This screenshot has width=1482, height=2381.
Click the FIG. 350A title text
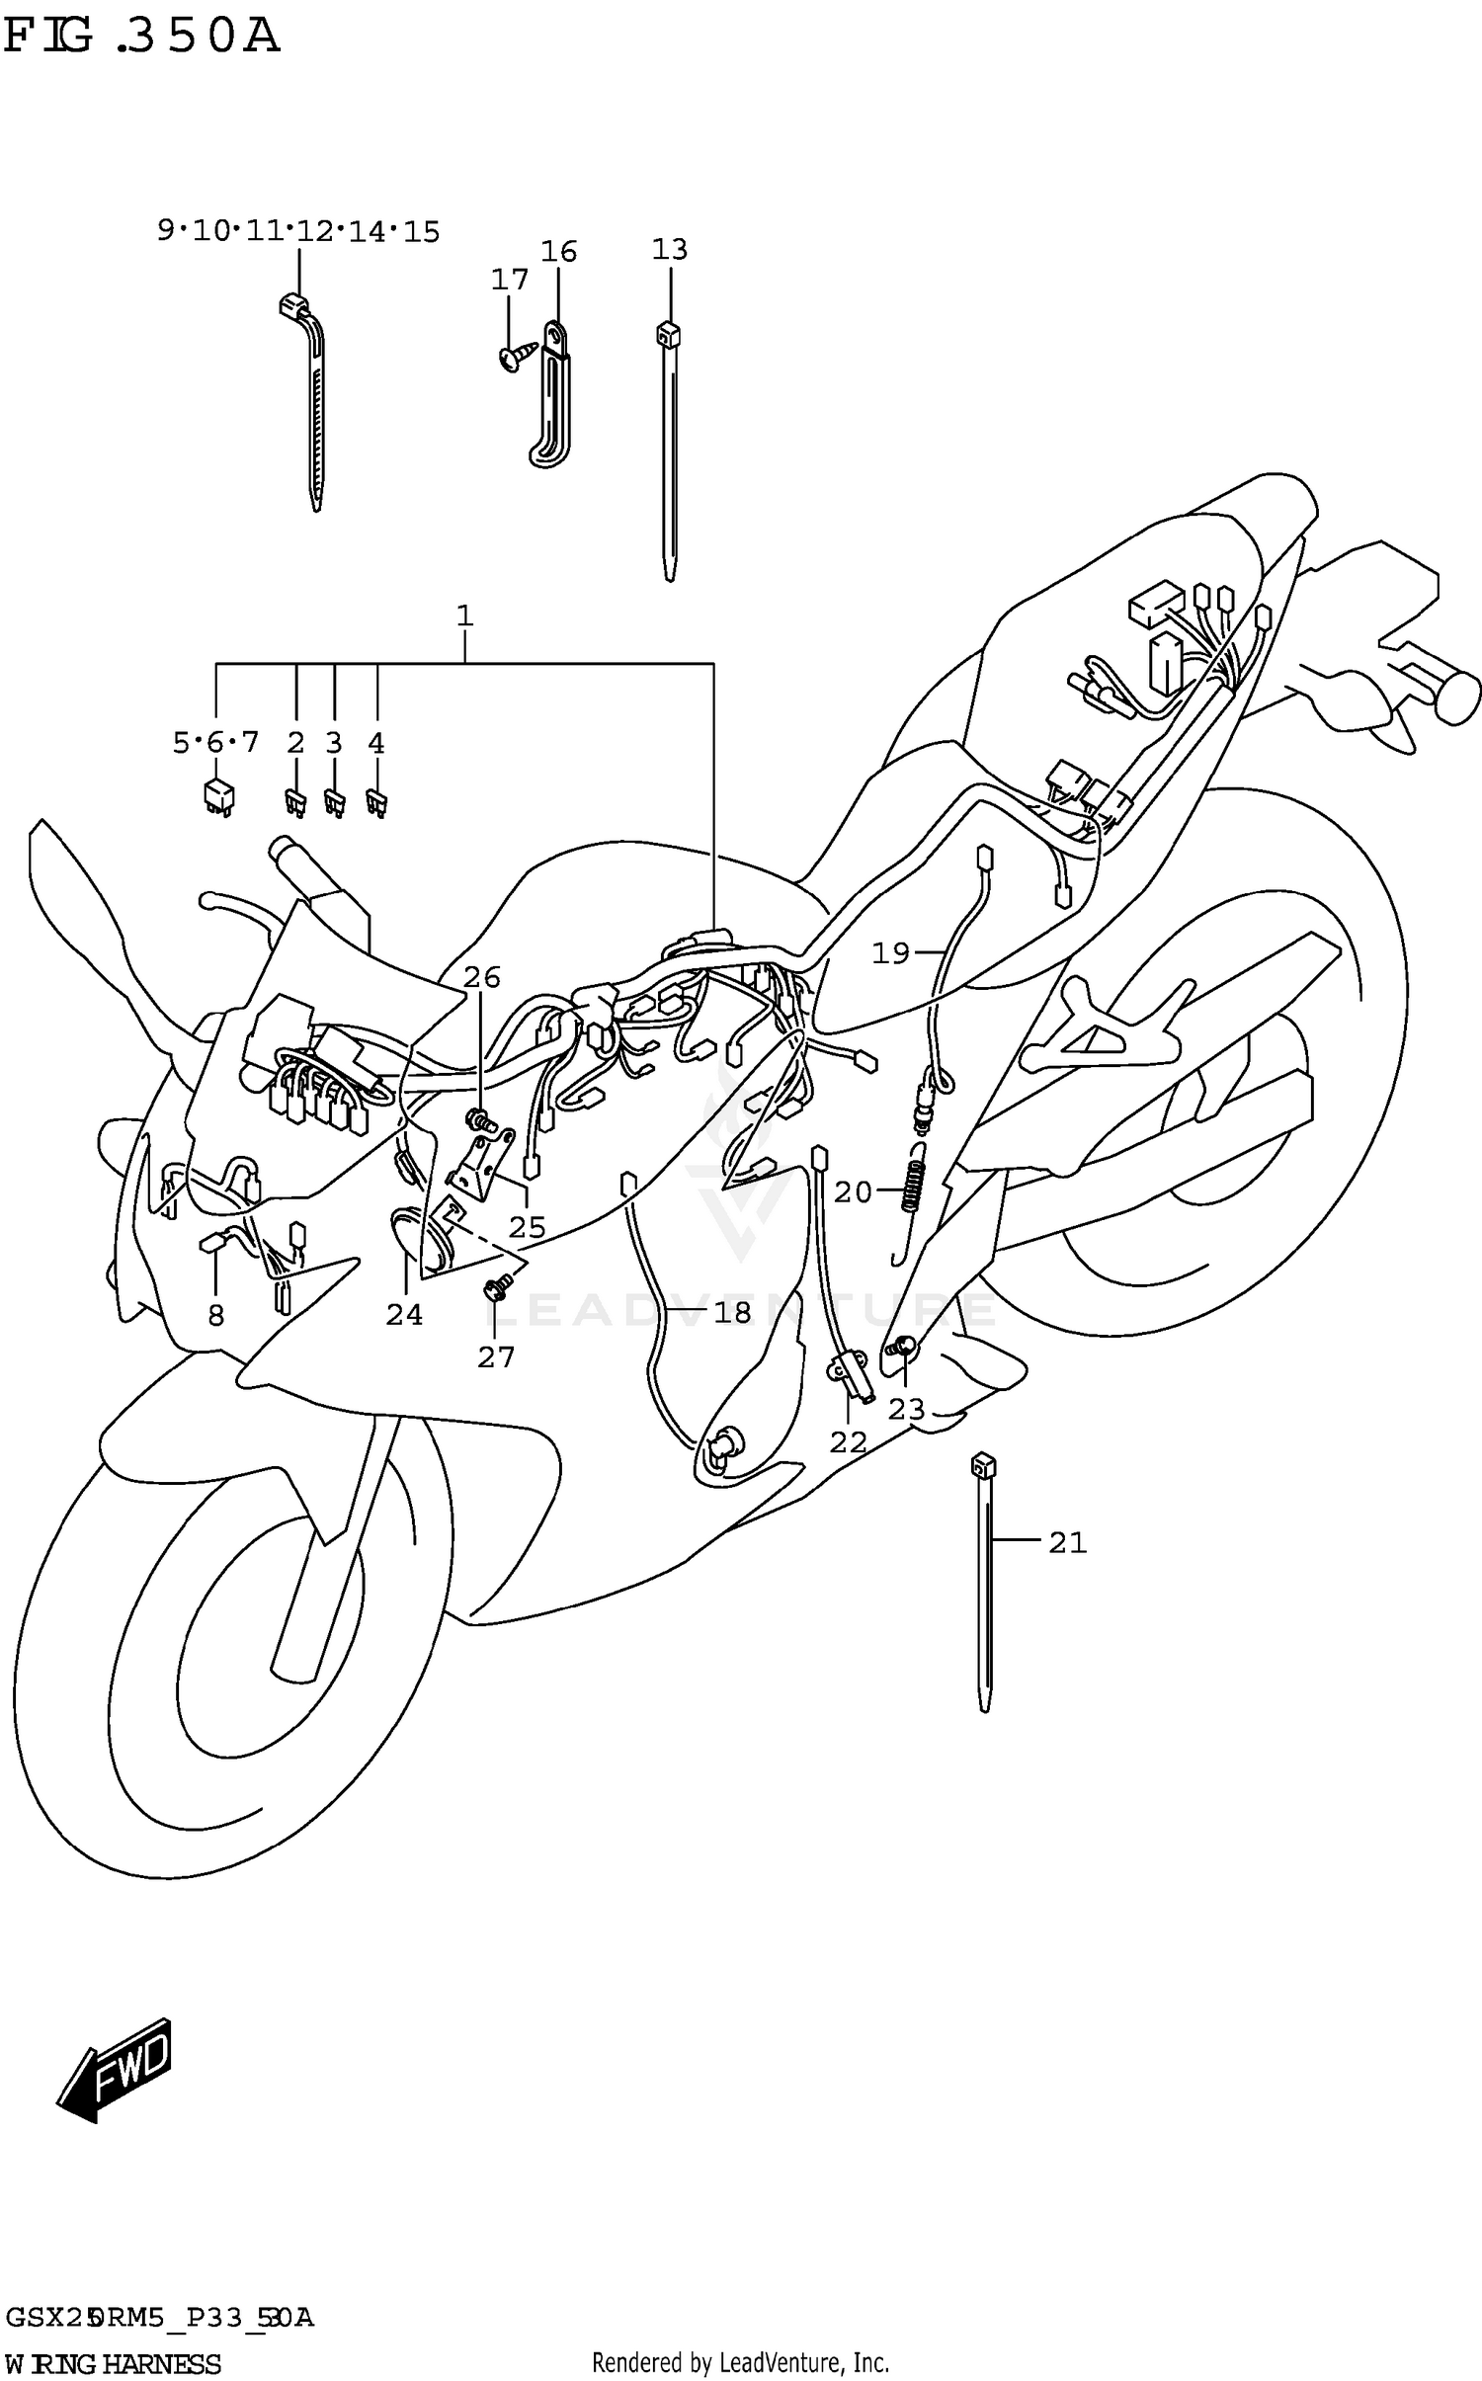pos(141,38)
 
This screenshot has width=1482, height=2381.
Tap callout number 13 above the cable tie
pos(669,249)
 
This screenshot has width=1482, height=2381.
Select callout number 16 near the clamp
pos(558,252)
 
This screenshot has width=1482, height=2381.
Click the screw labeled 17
pos(517,357)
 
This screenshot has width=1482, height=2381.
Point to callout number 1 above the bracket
pos(464,616)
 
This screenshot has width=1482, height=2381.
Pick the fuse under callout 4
pos(376,801)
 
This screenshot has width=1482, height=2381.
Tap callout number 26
pos(482,977)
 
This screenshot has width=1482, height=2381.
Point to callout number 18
pos(732,1312)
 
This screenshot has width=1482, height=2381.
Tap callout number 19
pos(890,953)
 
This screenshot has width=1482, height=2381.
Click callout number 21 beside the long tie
pos(1067,1542)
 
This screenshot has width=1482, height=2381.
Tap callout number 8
pos(215,1315)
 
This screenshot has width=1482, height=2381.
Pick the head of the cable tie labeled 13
pos(668,334)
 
